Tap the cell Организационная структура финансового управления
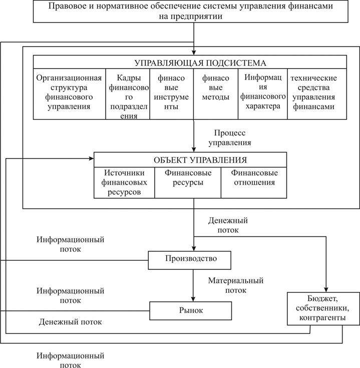(69, 92)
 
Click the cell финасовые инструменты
(171, 92)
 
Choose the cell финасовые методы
(215, 88)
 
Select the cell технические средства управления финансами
(314, 92)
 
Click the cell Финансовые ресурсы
(187, 178)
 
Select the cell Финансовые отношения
(254, 178)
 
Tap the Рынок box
(190, 310)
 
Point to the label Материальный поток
(235, 285)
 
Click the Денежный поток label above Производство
(228, 225)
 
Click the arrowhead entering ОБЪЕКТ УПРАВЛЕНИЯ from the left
(91, 159)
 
